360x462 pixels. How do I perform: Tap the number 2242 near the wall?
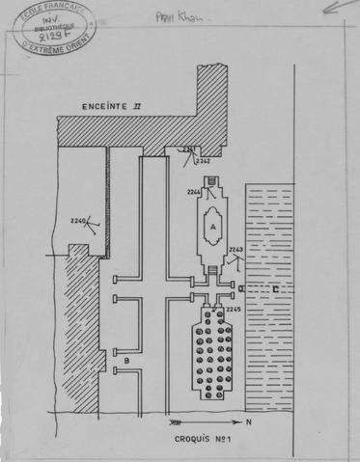pos(204,162)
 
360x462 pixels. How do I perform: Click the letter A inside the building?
pos(211,229)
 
